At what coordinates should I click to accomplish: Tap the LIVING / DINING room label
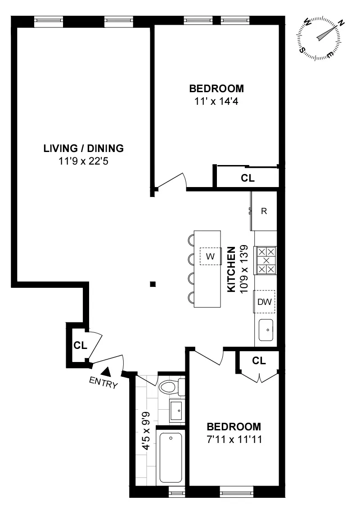pos(83,148)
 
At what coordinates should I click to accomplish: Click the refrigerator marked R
pos(264,211)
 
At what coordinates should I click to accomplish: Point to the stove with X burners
pos(266,260)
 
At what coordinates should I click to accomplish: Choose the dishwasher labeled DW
pos(265,302)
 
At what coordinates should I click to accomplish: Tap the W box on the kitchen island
pos(210,256)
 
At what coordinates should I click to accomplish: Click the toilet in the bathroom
pos(171,387)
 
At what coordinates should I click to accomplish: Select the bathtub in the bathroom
pos(171,457)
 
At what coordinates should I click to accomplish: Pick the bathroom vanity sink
pos(176,410)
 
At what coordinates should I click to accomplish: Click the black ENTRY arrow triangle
pos(106,371)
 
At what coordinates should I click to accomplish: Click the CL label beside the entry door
pos(80,345)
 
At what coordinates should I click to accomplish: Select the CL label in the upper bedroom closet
pos(247,178)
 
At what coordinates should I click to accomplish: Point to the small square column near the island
pos(153,284)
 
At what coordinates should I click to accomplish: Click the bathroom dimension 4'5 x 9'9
pos(146,431)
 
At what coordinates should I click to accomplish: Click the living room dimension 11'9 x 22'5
pos(83,161)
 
